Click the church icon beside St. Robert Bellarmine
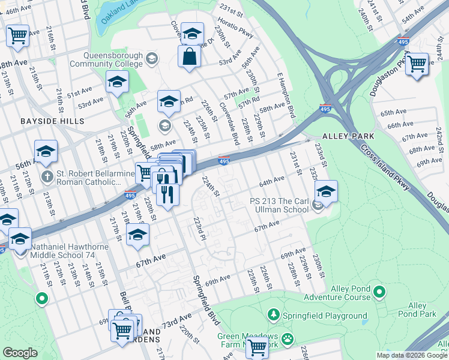point(47,177)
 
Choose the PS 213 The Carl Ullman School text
point(279,206)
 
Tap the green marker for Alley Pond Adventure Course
point(379,292)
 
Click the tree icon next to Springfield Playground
point(274,315)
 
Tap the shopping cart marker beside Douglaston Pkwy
point(417,63)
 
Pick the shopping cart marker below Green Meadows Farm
point(258,346)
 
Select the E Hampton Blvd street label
point(287,96)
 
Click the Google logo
point(20,353)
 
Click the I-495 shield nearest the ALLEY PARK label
point(325,109)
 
